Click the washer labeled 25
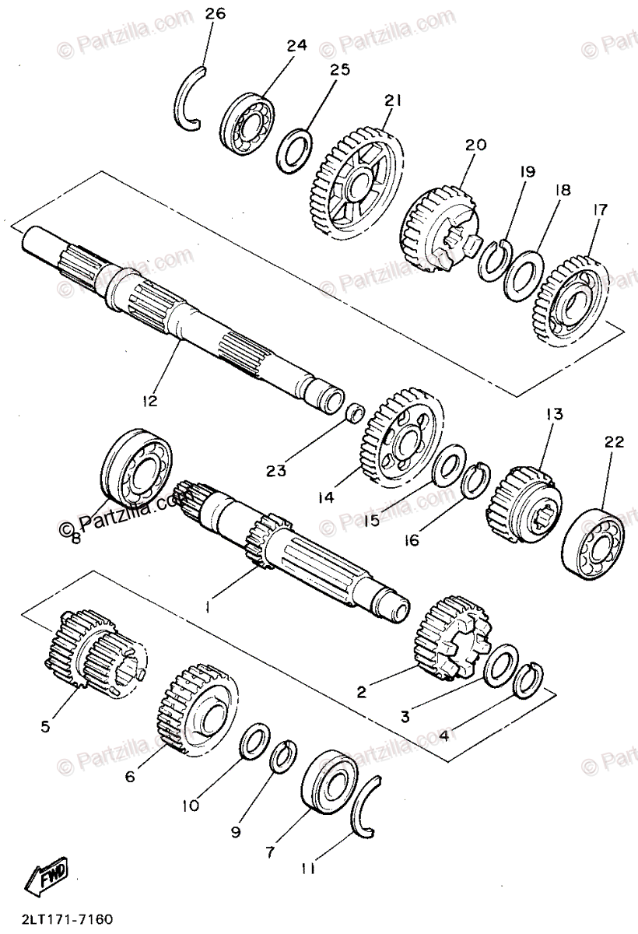[x=294, y=150]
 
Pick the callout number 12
[x=149, y=402]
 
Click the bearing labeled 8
[x=137, y=472]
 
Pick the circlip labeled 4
[x=529, y=676]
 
